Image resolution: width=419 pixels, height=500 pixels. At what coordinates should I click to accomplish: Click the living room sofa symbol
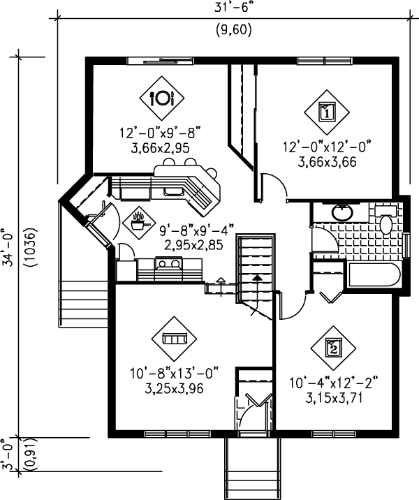(x=174, y=338)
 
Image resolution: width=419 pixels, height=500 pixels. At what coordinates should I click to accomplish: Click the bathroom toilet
(x=386, y=224)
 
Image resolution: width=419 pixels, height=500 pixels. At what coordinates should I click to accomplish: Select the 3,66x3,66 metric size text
(x=326, y=161)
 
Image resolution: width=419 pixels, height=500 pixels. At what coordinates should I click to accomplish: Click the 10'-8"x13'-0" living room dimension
(x=172, y=375)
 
